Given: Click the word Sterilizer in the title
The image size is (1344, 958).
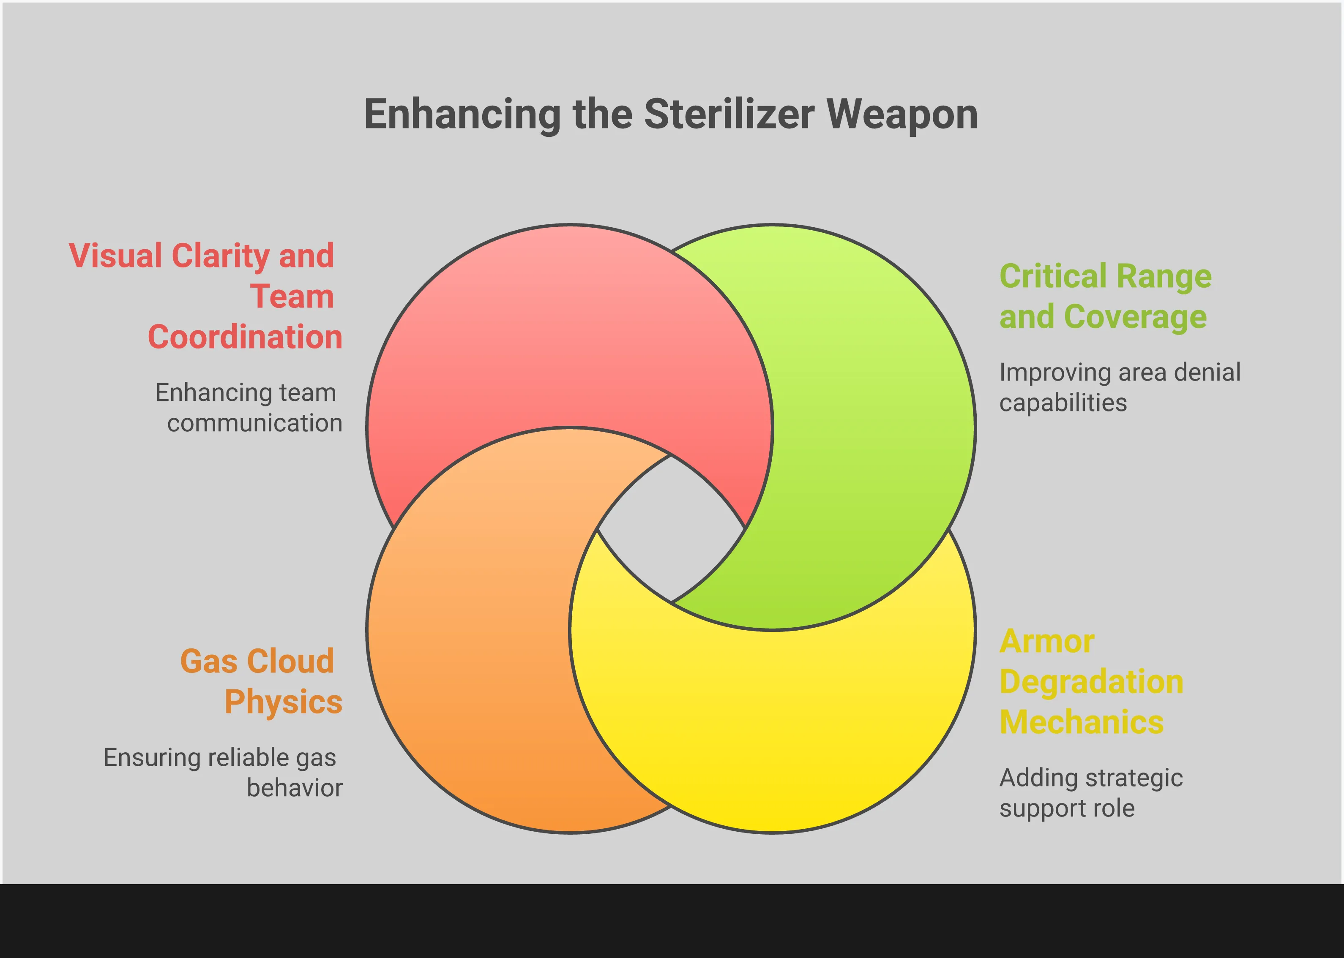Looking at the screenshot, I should [x=729, y=114].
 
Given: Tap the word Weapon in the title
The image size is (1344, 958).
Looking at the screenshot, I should [x=902, y=115].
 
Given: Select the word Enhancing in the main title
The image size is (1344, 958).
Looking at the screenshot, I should [x=462, y=115].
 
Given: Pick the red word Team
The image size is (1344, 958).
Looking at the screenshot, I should [x=292, y=296].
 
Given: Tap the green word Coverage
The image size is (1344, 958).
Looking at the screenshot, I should [x=1135, y=317].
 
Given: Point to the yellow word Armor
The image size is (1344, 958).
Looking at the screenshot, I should [x=1047, y=641].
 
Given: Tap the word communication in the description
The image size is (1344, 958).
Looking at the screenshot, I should [x=254, y=423].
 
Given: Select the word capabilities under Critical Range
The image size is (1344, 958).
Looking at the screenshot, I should [x=1063, y=403].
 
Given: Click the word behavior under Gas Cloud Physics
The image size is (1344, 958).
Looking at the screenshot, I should [x=295, y=788].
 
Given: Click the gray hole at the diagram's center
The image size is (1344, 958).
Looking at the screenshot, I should [x=671, y=529].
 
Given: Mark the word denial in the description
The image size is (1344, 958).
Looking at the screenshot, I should [x=1207, y=372].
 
